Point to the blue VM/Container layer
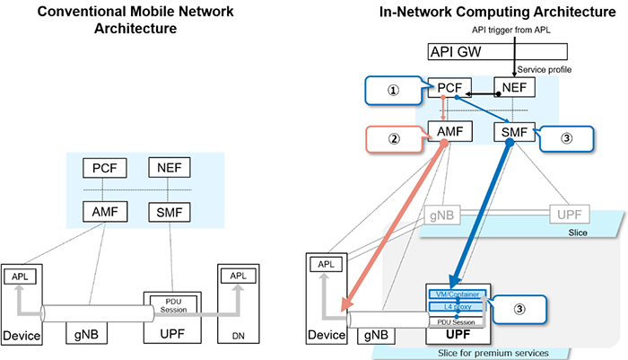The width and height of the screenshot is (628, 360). [x=458, y=294]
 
